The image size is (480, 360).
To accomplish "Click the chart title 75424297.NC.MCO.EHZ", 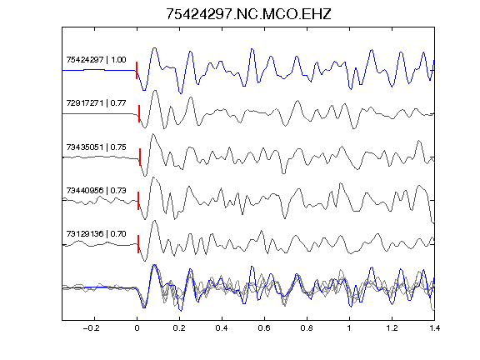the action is [248, 14].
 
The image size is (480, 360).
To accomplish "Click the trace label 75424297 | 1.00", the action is [96, 59].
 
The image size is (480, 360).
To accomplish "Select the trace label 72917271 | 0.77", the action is [96, 102].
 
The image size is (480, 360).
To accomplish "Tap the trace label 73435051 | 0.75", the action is [96, 147].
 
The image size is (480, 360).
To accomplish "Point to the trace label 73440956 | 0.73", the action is [96, 190].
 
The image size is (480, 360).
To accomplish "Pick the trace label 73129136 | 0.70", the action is [96, 234].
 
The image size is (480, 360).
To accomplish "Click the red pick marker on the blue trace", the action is [137, 70].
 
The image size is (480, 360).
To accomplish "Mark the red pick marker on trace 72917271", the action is [139, 114].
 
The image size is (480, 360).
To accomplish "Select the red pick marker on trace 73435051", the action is [140, 157].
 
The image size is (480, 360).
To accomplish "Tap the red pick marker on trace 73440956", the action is [138, 201].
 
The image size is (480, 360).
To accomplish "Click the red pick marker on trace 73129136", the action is [138, 244].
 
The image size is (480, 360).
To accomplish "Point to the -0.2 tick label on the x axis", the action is [92, 328].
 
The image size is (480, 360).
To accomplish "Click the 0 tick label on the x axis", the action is [137, 328].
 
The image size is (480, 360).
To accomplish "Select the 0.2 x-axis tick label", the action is [179, 328].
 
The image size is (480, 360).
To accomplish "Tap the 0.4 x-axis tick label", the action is [222, 328].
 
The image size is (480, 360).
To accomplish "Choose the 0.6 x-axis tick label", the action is [264, 328].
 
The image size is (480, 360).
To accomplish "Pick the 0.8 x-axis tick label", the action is [307, 328].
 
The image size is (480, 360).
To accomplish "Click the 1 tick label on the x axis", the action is [349, 328].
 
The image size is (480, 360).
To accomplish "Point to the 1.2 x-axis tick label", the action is [392, 328].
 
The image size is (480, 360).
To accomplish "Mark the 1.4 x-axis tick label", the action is [434, 328].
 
